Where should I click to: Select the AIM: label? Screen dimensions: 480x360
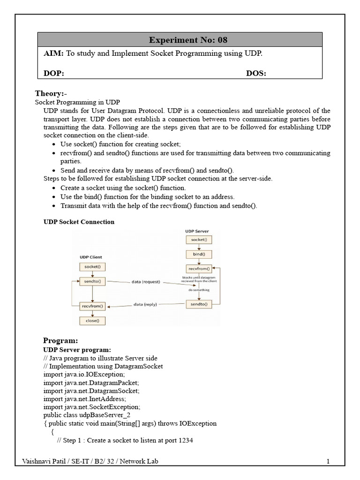tap(53, 54)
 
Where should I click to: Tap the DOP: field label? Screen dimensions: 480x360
tap(54, 74)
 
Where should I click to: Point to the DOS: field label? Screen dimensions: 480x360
tap(256, 74)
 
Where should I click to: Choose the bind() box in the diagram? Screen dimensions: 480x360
tap(199, 255)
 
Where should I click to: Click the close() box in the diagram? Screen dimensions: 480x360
tap(92, 321)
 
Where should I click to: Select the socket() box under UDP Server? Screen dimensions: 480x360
tap(199, 240)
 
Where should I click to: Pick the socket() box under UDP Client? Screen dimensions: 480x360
tap(92, 267)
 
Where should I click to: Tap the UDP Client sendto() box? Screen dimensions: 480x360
tap(92, 282)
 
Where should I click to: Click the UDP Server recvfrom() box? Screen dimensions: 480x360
tap(199, 270)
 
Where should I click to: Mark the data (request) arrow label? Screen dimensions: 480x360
tap(147, 282)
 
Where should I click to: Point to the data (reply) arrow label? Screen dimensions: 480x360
tap(145, 304)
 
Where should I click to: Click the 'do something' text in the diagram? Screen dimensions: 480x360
tap(199, 290)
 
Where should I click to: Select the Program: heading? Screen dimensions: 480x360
tap(60, 340)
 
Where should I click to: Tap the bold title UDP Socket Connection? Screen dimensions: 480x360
tap(79, 222)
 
